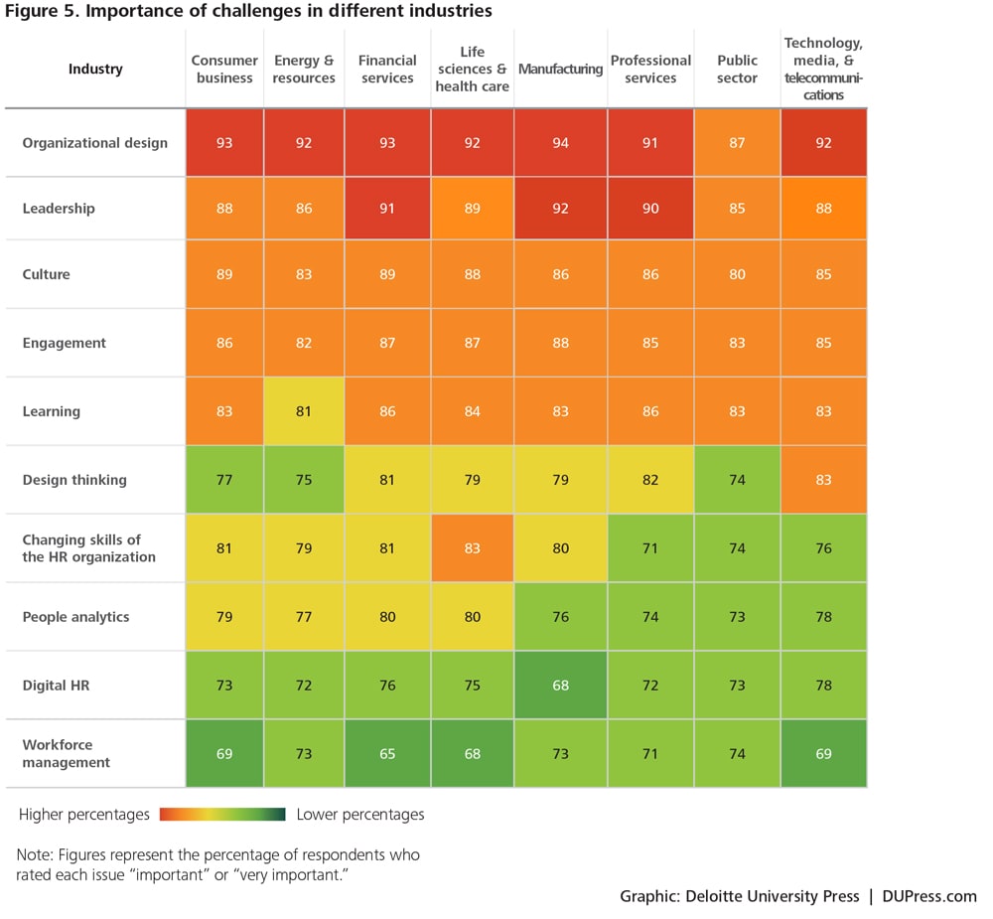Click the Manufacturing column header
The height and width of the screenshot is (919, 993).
560,69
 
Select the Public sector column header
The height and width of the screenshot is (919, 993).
737,69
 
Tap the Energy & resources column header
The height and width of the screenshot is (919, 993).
304,69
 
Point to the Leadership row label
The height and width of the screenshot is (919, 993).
59,209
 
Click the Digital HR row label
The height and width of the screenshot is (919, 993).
56,685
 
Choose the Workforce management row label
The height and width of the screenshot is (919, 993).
67,753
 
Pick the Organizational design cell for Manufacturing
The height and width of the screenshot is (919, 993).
560,143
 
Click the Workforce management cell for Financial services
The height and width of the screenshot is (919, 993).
387,754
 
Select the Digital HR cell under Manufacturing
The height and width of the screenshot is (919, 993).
560,685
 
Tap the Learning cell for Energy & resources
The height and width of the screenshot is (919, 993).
304,411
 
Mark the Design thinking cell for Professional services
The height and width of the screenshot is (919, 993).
650,480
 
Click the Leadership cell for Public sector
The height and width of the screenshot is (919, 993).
737,209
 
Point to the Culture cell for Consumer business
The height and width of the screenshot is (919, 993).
224,274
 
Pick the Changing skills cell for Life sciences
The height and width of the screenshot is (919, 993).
472,548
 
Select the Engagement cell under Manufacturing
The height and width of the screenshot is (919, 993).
560,343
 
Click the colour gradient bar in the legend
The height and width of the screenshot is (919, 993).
221,815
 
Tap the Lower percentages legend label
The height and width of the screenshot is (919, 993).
360,815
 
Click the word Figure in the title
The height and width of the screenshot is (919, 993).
31,11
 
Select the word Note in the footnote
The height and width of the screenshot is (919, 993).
33,854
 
